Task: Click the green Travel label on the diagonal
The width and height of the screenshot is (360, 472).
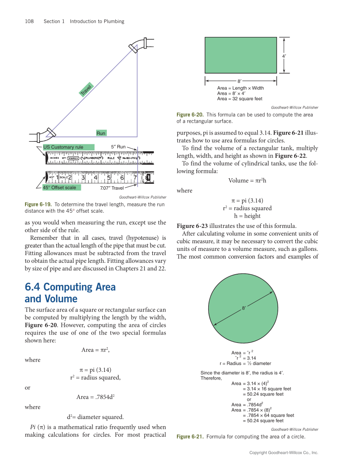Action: [87, 90]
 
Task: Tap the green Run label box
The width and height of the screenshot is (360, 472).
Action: [101, 133]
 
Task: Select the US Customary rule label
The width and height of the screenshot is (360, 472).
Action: [68, 147]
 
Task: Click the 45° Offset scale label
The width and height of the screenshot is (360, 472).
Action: [61, 188]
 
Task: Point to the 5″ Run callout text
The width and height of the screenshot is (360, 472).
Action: [118, 147]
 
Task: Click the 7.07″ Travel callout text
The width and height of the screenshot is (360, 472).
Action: [112, 188]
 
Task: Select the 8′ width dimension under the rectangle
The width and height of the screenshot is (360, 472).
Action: [240, 80]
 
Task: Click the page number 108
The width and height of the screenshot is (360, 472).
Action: [29, 21]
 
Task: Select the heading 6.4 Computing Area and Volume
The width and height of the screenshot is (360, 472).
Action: [70, 293]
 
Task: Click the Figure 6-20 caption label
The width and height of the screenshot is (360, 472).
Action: [190, 115]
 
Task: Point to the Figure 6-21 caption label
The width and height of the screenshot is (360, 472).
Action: [190, 437]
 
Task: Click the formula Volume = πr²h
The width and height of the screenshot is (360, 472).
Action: [247, 181]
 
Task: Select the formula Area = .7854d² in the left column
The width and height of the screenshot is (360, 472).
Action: [96, 397]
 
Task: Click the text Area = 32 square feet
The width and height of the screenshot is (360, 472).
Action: [240, 99]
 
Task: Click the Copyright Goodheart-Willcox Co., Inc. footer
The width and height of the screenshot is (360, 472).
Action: [284, 453]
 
